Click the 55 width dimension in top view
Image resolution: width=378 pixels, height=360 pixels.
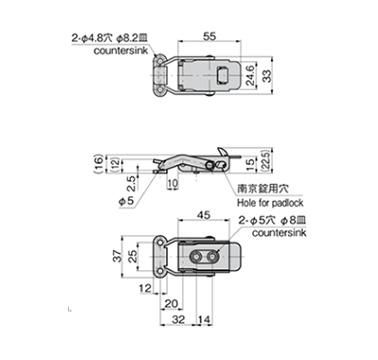coord(209,36)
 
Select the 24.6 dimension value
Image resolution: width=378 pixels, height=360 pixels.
coord(250,75)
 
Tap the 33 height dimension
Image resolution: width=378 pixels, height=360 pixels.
coord(267,76)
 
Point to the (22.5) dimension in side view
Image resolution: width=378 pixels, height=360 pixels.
coord(267,160)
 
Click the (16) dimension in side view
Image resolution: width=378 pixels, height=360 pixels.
coord(98,164)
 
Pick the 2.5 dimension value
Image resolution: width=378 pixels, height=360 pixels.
coord(132,184)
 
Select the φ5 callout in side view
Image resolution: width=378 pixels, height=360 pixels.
coord(126,201)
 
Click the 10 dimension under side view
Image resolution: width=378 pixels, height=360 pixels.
coord(173,183)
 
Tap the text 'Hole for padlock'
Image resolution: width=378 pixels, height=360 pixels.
coord(270,202)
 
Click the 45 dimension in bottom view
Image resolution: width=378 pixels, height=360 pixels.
coord(204,215)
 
